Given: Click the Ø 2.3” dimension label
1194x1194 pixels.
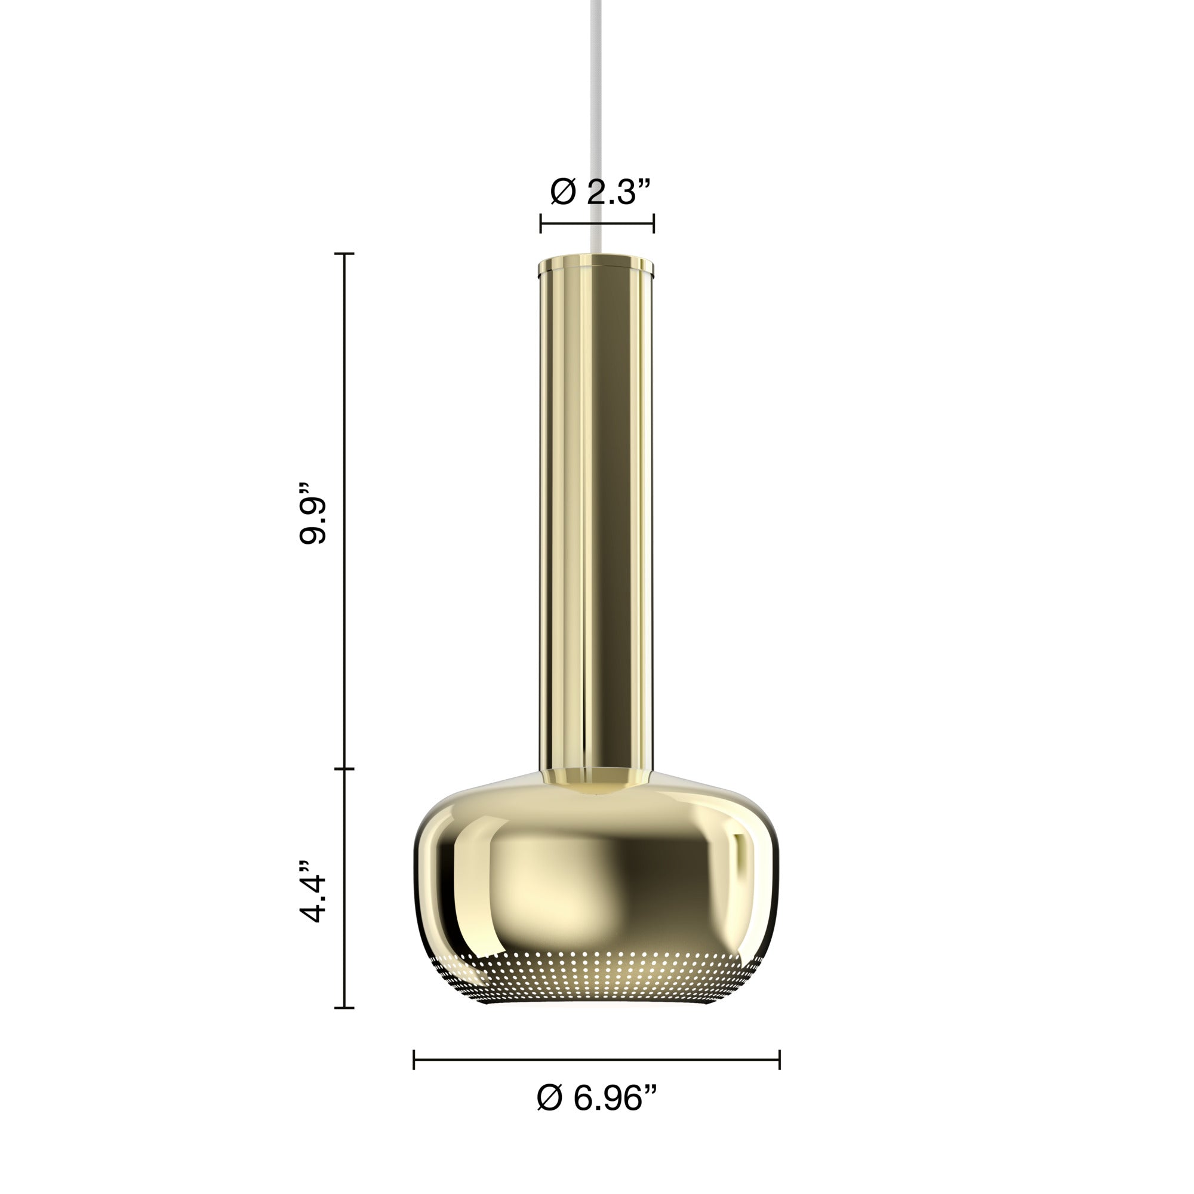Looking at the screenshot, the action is [x=600, y=192].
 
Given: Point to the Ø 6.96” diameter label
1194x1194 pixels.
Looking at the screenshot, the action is [x=596, y=1098].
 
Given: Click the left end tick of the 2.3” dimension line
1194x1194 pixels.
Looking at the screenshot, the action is [x=541, y=223].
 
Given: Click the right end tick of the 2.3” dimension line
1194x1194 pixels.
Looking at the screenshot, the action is [x=653, y=223].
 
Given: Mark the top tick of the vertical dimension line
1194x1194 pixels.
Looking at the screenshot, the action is [x=344, y=253].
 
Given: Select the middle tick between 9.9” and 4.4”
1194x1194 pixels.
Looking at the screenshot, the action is [x=344, y=769].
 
